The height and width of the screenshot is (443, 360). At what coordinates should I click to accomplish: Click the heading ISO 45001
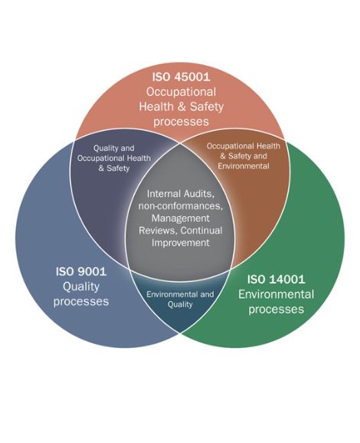(x=181, y=77)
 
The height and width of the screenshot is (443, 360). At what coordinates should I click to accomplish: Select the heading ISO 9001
(x=81, y=271)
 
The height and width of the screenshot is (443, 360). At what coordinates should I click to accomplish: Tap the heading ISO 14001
(x=277, y=279)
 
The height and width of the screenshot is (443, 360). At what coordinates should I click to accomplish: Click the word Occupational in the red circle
(x=181, y=92)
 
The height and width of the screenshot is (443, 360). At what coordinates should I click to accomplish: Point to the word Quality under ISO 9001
(x=81, y=287)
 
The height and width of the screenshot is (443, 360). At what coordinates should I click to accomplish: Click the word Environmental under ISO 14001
(x=277, y=294)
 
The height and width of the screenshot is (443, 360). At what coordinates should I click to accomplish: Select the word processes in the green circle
(x=277, y=310)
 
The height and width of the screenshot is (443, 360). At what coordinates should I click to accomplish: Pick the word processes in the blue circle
(x=81, y=302)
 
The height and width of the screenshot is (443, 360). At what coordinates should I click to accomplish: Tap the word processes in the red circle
(x=181, y=122)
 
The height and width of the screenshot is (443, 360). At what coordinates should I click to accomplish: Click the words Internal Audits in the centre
(x=180, y=194)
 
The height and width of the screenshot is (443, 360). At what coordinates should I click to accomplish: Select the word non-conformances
(x=181, y=206)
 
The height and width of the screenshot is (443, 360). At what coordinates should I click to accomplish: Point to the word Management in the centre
(x=181, y=218)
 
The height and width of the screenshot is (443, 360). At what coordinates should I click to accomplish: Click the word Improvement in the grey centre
(x=181, y=243)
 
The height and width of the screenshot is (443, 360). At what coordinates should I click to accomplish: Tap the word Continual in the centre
(x=201, y=231)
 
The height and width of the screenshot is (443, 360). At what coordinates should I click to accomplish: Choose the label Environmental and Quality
(x=180, y=300)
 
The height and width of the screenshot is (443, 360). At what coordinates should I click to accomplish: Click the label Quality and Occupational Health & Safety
(x=114, y=158)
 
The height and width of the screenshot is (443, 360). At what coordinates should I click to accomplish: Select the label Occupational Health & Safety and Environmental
(x=244, y=156)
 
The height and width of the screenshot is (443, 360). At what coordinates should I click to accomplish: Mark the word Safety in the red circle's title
(x=207, y=107)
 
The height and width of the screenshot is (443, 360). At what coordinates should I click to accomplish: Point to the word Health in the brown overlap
(x=268, y=146)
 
